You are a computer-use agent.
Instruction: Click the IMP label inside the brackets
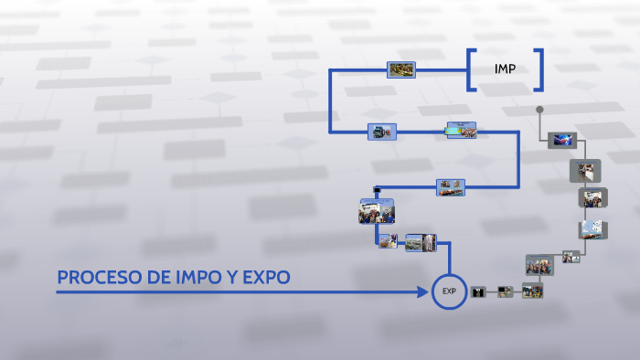point(506,69)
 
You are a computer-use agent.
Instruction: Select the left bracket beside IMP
point(470,69)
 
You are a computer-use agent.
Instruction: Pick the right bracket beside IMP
point(540,69)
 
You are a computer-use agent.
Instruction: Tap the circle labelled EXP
point(449,291)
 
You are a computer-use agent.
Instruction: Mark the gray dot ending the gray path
point(540,110)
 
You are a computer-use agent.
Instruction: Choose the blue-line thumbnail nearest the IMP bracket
point(401,69)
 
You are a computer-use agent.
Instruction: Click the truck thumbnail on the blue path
point(381,132)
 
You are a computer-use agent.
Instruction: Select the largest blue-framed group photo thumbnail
point(376,212)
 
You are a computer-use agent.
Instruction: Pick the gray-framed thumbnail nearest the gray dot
point(562,140)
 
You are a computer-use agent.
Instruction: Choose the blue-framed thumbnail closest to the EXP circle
point(421,242)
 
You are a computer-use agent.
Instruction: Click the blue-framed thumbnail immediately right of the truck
point(461,131)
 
